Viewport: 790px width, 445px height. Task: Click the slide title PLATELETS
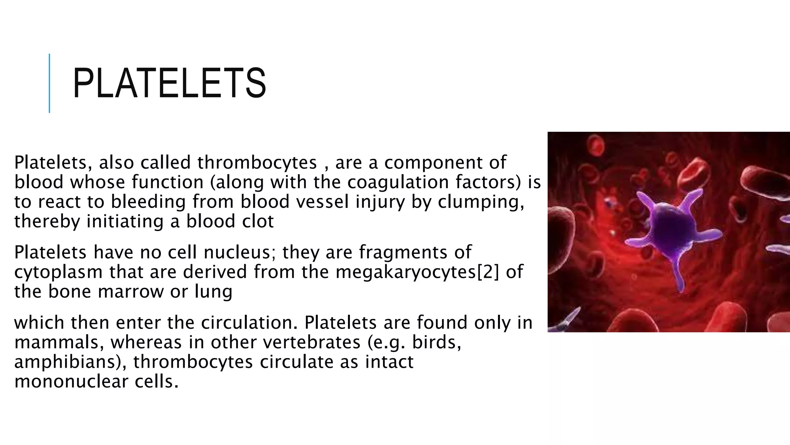point(169,83)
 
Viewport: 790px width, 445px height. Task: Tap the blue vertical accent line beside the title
point(49,83)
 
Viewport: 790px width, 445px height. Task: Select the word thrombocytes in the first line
point(257,163)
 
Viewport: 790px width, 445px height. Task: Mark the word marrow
point(131,292)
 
